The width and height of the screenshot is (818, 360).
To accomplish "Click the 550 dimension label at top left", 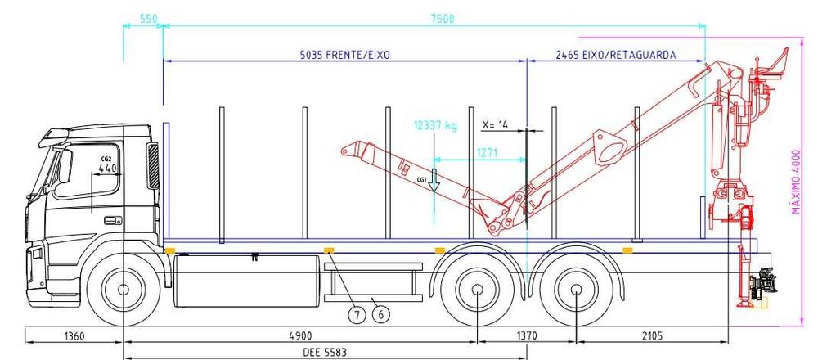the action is tap(148, 20).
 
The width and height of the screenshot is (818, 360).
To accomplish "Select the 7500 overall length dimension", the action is tap(443, 20).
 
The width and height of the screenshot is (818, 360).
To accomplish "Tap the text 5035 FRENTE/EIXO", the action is tap(345, 55).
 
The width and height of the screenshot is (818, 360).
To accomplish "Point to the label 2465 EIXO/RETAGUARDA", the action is tap(616, 55).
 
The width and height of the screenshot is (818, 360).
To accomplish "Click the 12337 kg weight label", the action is tap(435, 125).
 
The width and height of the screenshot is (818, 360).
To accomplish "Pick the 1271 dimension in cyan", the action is tap(488, 153).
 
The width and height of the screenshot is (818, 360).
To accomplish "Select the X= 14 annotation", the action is tap(495, 125).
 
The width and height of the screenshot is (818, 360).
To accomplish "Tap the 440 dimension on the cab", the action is tap(108, 168).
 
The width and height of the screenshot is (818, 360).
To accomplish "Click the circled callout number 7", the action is tap(357, 315).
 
